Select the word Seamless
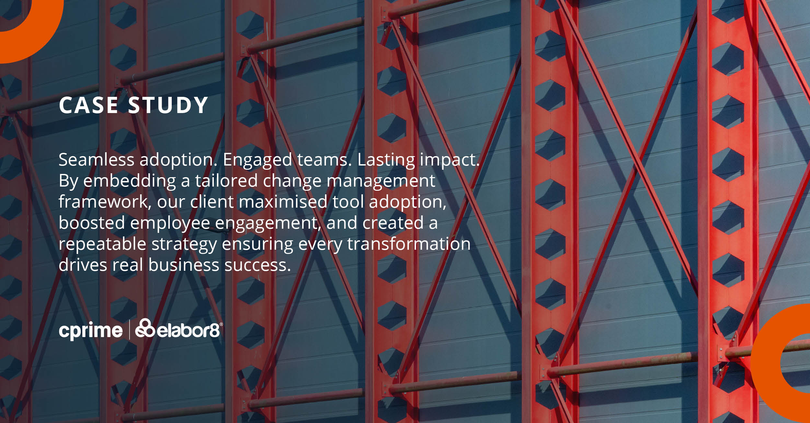pos(96,160)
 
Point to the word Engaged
pos(257,160)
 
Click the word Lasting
pos(386,160)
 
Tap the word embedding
pos(130,181)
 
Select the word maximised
pos(283,202)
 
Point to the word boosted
pos(92,223)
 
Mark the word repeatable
pos(102,244)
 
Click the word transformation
pos(409,244)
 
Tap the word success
pos(258,265)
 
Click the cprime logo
pos(91,331)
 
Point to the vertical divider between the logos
pos(129,329)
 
